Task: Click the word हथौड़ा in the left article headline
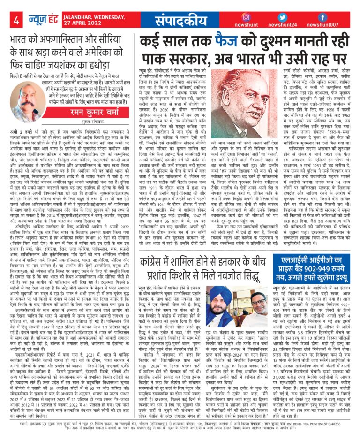[111, 63]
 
